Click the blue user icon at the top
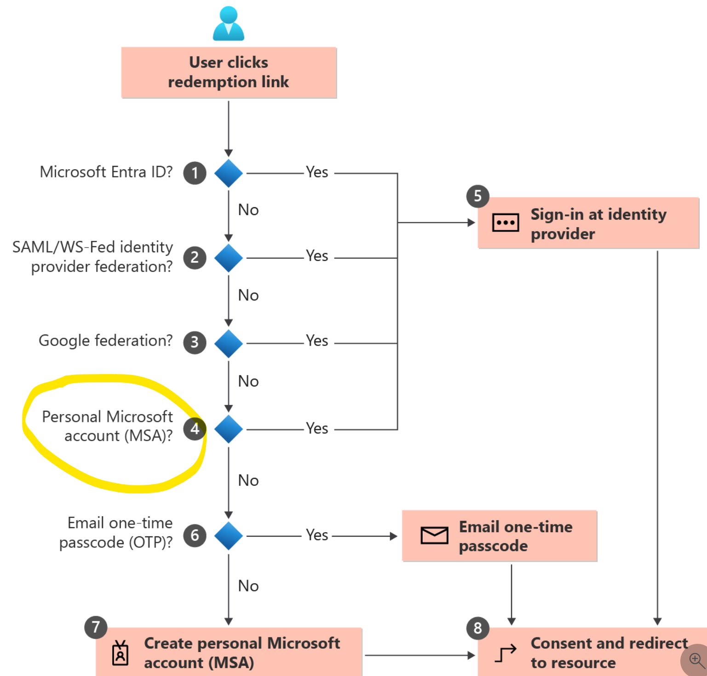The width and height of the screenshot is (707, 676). [229, 23]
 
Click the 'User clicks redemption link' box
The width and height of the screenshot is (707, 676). [229, 73]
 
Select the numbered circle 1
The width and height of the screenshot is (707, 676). [195, 173]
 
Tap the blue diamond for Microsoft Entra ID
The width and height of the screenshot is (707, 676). [229, 173]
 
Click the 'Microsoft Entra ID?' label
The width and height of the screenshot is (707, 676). [106, 172]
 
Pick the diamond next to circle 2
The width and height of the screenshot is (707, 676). [229, 258]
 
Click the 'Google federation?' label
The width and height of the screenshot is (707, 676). [106, 341]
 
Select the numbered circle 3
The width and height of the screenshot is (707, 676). [195, 342]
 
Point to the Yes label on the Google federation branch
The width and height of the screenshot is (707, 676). [317, 341]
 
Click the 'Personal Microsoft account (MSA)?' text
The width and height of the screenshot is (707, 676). [108, 426]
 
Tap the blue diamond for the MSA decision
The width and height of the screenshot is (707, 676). [229, 429]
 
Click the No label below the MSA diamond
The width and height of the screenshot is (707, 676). [248, 481]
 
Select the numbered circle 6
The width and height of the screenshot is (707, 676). [195, 535]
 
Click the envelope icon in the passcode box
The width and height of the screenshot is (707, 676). [434, 535]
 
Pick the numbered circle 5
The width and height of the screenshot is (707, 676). [477, 196]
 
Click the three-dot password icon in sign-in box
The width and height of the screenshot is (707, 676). [506, 223]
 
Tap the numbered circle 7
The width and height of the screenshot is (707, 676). [96, 627]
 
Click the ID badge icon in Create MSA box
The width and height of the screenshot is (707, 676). [121, 653]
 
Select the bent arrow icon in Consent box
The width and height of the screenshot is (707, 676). [506, 653]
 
